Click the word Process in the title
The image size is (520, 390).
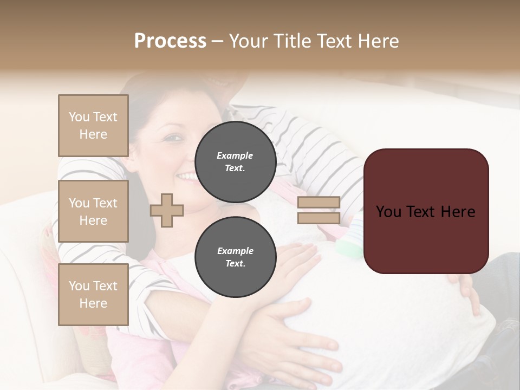(x=170, y=41)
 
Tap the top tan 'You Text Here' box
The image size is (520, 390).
(x=93, y=126)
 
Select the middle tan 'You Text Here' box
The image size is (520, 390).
(x=93, y=211)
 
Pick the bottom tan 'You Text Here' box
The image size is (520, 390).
(x=93, y=295)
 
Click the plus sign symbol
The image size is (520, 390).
(x=167, y=210)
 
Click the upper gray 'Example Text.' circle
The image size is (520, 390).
(x=235, y=161)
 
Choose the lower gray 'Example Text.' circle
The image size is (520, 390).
(x=235, y=257)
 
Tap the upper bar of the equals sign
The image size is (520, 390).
(x=318, y=202)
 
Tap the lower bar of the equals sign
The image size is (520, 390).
(x=318, y=218)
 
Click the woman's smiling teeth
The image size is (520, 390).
(x=187, y=176)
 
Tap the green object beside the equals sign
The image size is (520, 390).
(x=349, y=249)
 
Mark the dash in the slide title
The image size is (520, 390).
(x=217, y=42)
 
